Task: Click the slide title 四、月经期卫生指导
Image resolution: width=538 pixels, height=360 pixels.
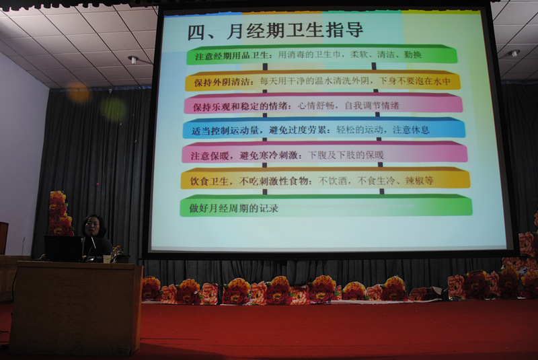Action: [x=275, y=31]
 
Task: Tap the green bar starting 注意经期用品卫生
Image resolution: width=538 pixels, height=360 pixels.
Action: [x=321, y=55]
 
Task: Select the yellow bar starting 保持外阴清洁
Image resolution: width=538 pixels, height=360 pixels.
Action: [x=323, y=81]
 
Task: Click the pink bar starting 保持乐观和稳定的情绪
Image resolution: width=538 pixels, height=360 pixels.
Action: [x=323, y=104]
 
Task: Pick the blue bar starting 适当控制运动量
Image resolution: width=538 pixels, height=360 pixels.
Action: [x=324, y=129]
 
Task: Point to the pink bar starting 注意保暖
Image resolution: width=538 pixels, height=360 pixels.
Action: [x=325, y=153]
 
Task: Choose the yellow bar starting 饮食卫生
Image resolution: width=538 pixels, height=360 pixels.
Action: [x=325, y=179]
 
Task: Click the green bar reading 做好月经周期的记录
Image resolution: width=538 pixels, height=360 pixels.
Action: [x=326, y=205]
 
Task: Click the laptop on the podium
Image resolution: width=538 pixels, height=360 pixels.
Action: [x=63, y=248]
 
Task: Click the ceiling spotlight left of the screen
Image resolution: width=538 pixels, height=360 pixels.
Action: [x=133, y=60]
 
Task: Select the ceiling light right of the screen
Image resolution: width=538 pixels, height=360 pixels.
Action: [x=514, y=53]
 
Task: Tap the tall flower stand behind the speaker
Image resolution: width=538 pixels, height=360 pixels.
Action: [x=61, y=213]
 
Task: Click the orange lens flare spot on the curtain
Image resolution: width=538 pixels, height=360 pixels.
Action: [x=78, y=92]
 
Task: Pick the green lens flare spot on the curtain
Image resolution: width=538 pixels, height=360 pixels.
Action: [x=114, y=110]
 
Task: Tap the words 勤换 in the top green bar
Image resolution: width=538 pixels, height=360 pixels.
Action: [x=413, y=55]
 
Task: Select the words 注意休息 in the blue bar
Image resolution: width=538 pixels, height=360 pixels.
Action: [x=411, y=130]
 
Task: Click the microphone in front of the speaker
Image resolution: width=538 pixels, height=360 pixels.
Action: [x=93, y=241]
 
